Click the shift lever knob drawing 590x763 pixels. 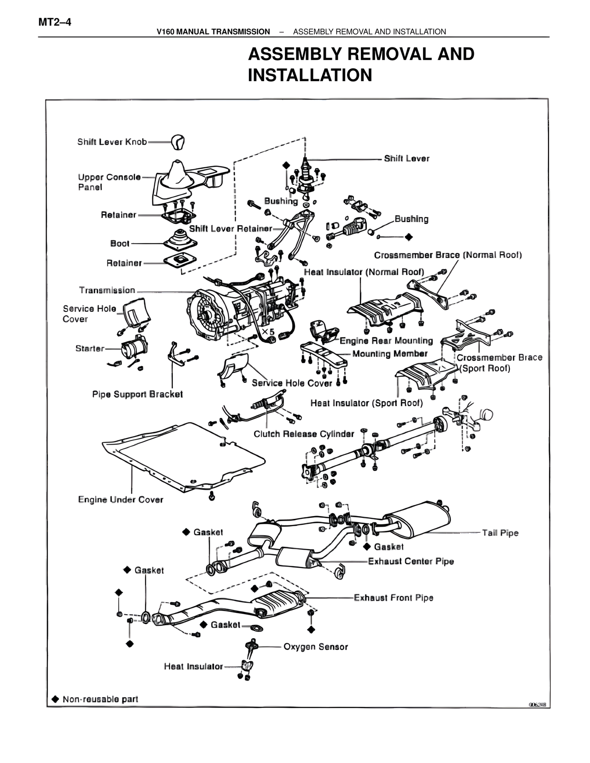pyautogui.click(x=177, y=142)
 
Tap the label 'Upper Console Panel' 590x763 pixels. pyautogui.click(x=109, y=182)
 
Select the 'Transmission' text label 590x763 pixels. pyautogui.click(x=107, y=290)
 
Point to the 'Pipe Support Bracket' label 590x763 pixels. pyautogui.click(x=137, y=394)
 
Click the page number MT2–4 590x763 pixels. pyautogui.click(x=55, y=22)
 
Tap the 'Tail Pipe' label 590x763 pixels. pyautogui.click(x=500, y=533)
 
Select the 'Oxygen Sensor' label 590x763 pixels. pyautogui.click(x=315, y=647)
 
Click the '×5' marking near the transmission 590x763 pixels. pyautogui.click(x=268, y=331)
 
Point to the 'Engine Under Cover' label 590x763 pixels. pyautogui.click(x=120, y=500)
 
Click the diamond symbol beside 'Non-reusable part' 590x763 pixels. pyautogui.click(x=55, y=699)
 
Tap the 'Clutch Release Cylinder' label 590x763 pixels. pyautogui.click(x=304, y=434)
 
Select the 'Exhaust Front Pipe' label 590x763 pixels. pyautogui.click(x=393, y=598)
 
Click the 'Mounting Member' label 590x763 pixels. pyautogui.click(x=389, y=354)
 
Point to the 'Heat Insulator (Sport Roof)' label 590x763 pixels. pyautogui.click(x=366, y=403)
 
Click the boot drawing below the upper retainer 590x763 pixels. pyautogui.click(x=180, y=240)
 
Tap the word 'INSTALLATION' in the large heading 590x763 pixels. pyautogui.click(x=310, y=75)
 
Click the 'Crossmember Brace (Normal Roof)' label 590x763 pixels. pyautogui.click(x=448, y=255)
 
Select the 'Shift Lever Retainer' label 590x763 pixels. pyautogui.click(x=230, y=229)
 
